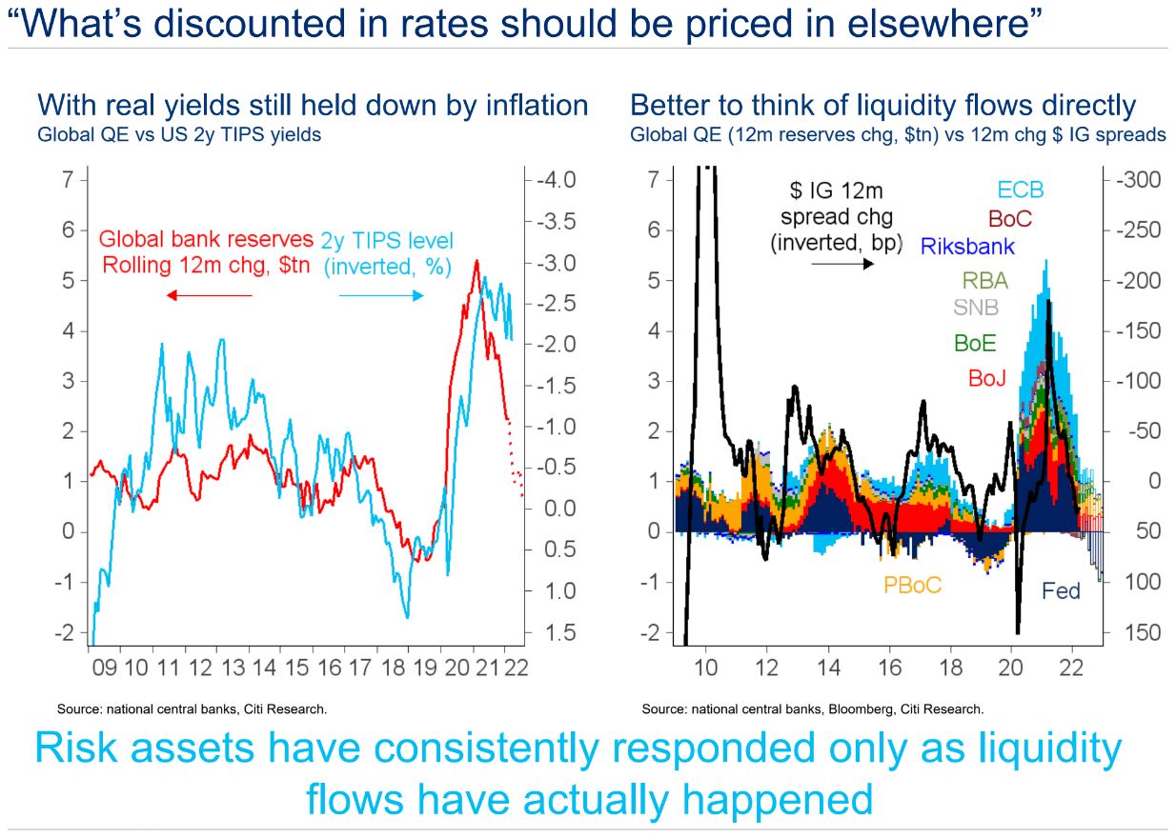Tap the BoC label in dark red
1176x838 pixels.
1009,218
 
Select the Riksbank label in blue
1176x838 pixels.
966,247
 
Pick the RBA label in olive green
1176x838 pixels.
984,280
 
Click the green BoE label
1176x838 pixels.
975,343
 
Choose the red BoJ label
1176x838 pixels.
987,378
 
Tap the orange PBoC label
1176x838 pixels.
912,585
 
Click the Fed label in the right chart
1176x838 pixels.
1061,591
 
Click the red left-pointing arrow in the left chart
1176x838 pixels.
210,295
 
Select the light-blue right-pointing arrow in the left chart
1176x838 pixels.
380,295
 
